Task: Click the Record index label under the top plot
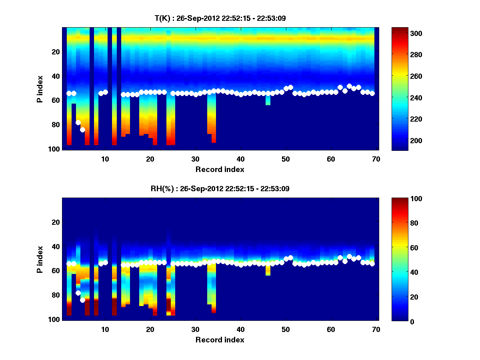(220, 170)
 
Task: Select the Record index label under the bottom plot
(220, 340)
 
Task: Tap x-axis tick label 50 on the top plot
(286, 159)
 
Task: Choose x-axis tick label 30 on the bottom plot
(195, 329)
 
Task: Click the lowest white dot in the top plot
(82, 130)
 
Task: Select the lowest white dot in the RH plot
(82, 300)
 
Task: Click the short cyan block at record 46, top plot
(268, 100)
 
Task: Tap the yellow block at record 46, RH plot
(268, 270)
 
